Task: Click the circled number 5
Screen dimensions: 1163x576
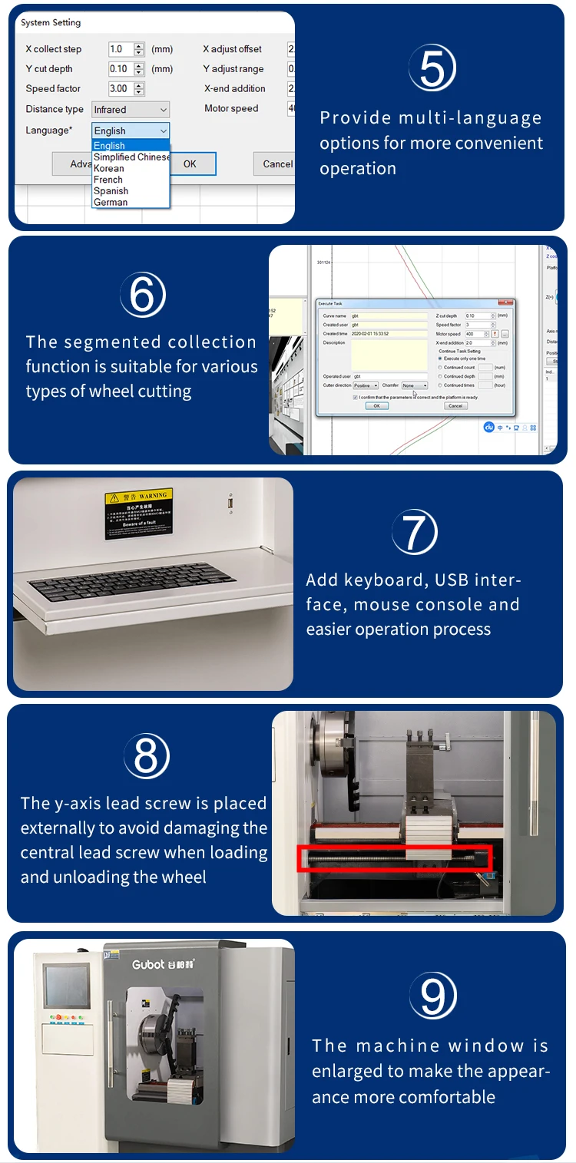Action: pyautogui.click(x=432, y=68)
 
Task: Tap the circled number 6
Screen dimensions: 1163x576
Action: pyautogui.click(x=143, y=294)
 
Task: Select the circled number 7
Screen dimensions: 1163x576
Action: pyautogui.click(x=415, y=532)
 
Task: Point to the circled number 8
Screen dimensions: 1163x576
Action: pyautogui.click(x=146, y=755)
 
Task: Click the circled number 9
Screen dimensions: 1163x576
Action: pyautogui.click(x=433, y=996)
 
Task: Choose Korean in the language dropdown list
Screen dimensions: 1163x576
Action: pyautogui.click(x=109, y=168)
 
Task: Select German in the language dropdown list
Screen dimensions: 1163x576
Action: pyautogui.click(x=111, y=202)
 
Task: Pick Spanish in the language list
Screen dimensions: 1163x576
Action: pyautogui.click(x=111, y=190)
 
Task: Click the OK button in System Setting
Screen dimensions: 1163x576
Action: pyautogui.click(x=190, y=164)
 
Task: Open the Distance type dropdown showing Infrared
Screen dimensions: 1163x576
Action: pyautogui.click(x=130, y=110)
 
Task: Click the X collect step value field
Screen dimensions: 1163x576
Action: pyautogui.click(x=121, y=49)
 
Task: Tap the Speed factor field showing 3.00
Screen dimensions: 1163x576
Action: pyautogui.click(x=121, y=89)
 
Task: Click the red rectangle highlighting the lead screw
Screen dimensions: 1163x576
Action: pyautogui.click(x=394, y=858)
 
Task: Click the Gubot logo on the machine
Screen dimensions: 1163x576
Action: pyautogui.click(x=164, y=964)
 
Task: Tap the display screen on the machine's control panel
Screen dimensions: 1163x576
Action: pyautogui.click(x=66, y=985)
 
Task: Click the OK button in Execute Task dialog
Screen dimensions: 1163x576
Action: pyautogui.click(x=376, y=405)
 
